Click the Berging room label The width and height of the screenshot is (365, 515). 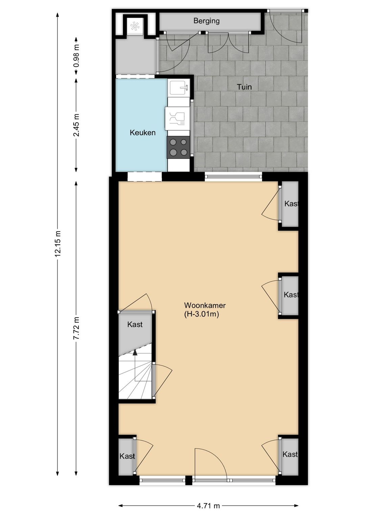coord(206,21)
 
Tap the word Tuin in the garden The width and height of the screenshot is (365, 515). coord(244,87)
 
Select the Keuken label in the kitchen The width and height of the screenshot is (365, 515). coord(143,133)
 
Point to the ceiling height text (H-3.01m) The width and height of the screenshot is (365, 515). coord(201,314)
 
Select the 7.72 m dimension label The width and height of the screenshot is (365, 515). coord(76,328)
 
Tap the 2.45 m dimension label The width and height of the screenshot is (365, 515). coord(76,125)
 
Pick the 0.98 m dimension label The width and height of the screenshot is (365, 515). coord(76,55)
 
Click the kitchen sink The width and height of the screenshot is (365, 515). coord(179,88)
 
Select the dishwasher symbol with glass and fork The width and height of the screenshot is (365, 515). coord(177,119)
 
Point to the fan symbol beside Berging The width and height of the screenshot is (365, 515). coord(135,26)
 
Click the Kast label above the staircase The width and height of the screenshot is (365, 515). coord(135,324)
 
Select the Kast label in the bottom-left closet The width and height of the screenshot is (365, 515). coord(127,456)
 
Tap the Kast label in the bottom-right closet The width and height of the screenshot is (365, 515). coord(290,454)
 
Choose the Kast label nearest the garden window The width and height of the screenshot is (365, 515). coord(292,204)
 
